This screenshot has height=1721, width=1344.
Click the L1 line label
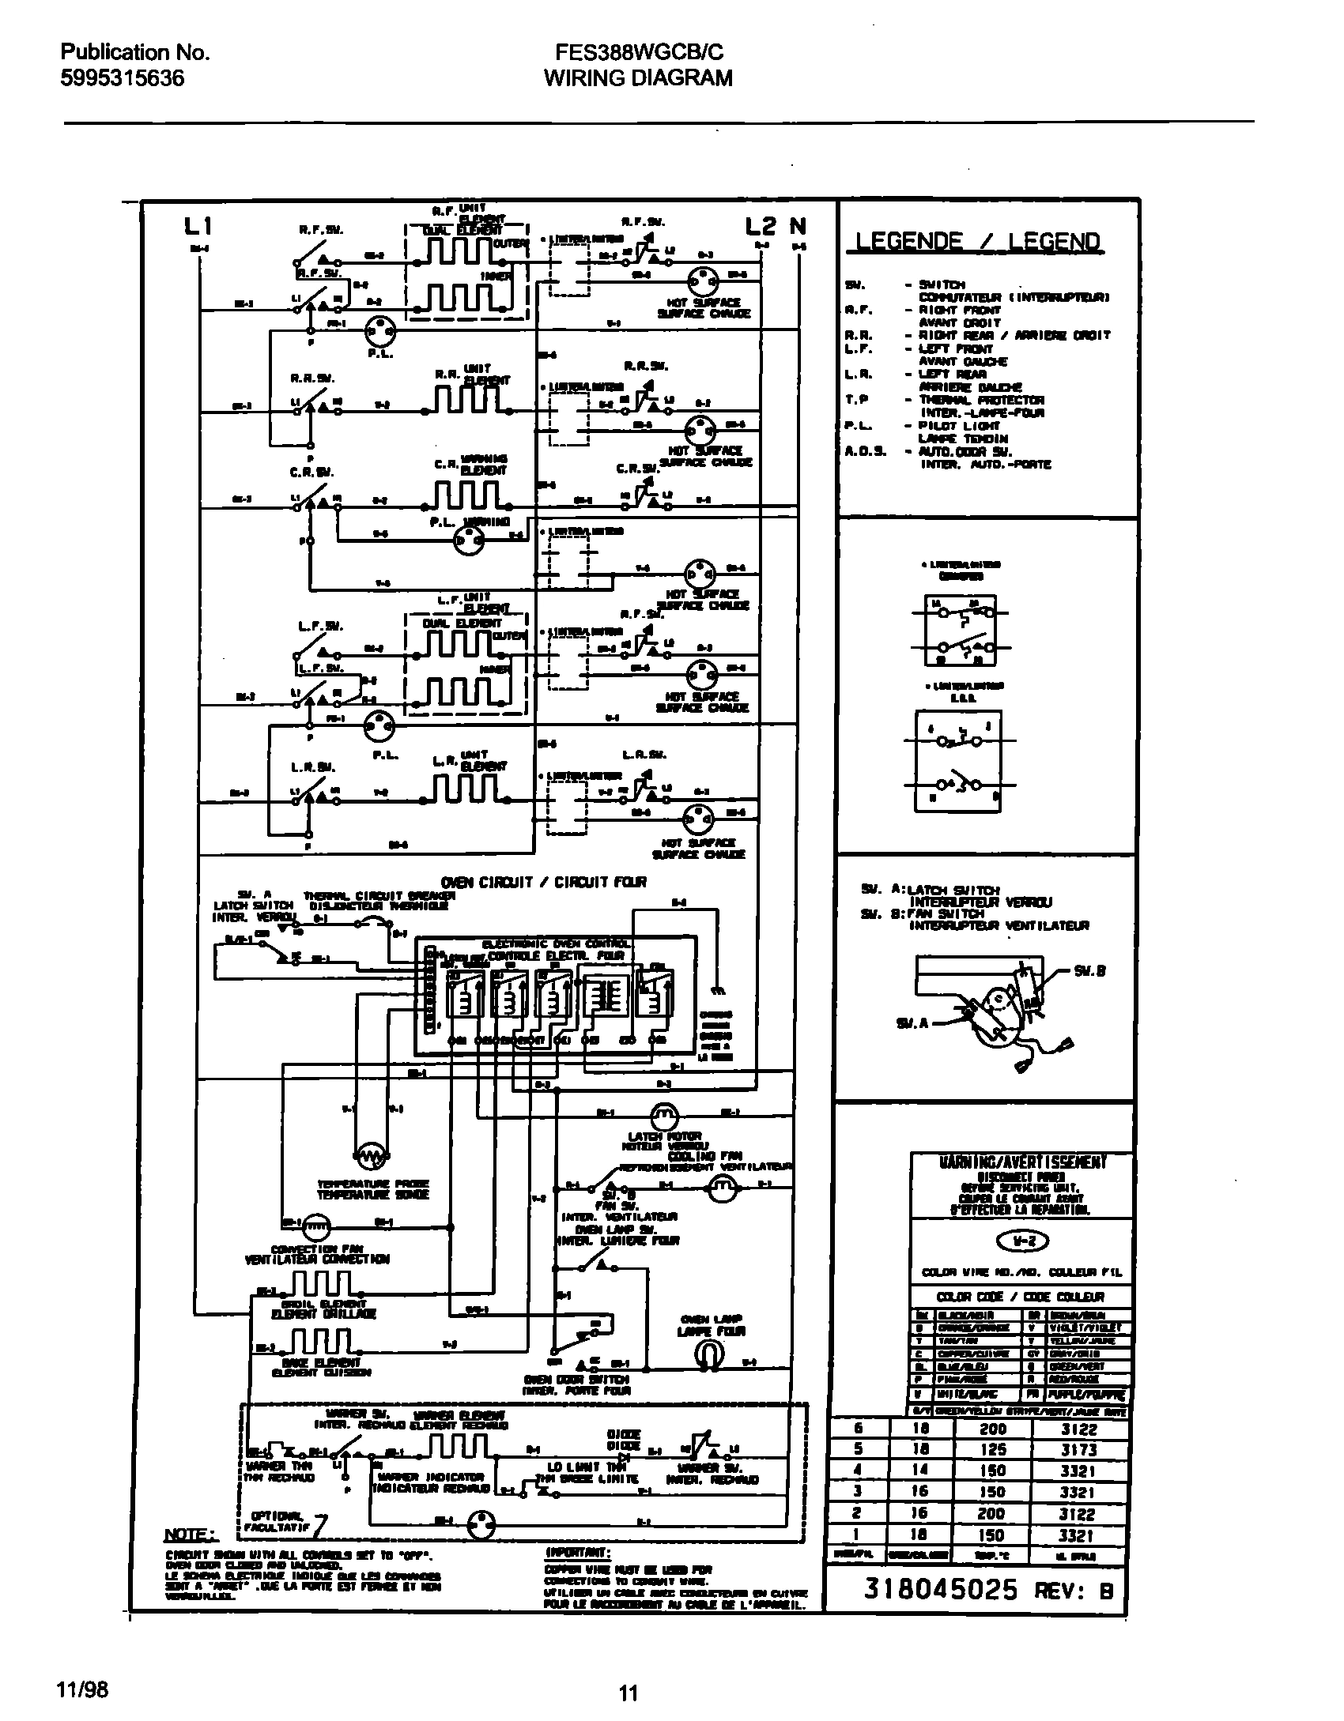pos(197,228)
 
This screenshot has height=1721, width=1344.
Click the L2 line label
pos(761,227)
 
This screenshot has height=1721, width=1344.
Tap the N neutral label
pos(798,227)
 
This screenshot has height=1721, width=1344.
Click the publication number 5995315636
pos(123,78)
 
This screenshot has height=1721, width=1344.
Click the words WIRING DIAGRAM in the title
pos(638,78)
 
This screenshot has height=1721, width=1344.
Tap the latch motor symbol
pos(664,1116)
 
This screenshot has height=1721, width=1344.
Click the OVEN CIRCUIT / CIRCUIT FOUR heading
pos(543,883)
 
